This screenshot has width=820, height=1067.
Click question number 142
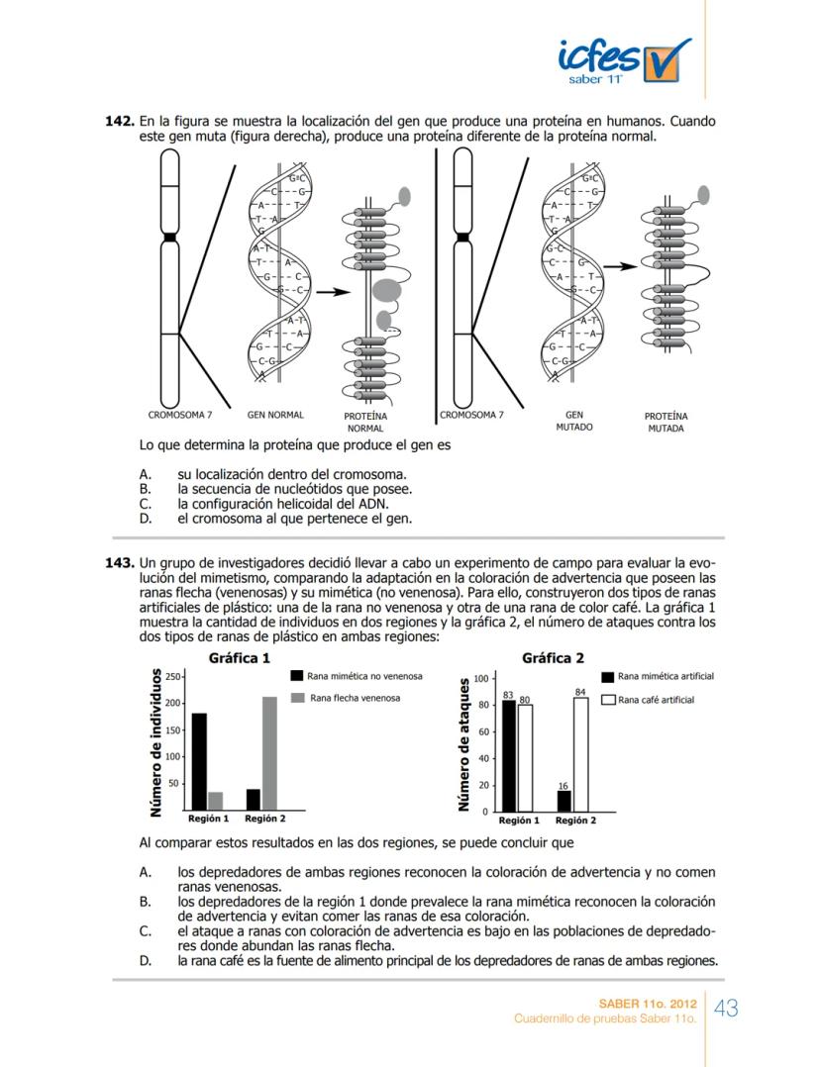[119, 122]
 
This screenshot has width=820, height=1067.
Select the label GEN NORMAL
[274, 415]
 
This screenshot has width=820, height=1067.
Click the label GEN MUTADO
[573, 421]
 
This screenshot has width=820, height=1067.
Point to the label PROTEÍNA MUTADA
[666, 423]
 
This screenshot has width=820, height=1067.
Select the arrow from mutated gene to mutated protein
[620, 266]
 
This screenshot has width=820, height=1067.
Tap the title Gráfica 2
[553, 657]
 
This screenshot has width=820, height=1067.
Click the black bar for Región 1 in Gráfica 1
[199, 761]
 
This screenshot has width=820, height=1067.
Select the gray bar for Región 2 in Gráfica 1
[269, 753]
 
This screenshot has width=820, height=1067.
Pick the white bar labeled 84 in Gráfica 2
[580, 754]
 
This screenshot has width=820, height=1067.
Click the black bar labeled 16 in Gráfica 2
[564, 801]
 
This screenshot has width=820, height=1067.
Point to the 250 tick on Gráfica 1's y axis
[173, 676]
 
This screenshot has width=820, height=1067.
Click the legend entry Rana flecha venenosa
[346, 698]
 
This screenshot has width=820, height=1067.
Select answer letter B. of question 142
[145, 489]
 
